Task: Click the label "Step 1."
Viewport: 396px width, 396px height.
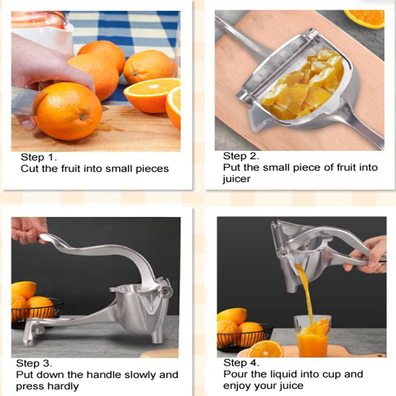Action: coord(39,157)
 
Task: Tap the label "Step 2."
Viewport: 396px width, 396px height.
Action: coord(241,157)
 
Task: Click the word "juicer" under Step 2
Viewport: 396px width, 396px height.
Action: coord(236,179)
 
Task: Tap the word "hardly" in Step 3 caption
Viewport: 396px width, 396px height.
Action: coord(62,386)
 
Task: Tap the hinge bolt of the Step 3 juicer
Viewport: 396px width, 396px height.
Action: coord(165,292)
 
